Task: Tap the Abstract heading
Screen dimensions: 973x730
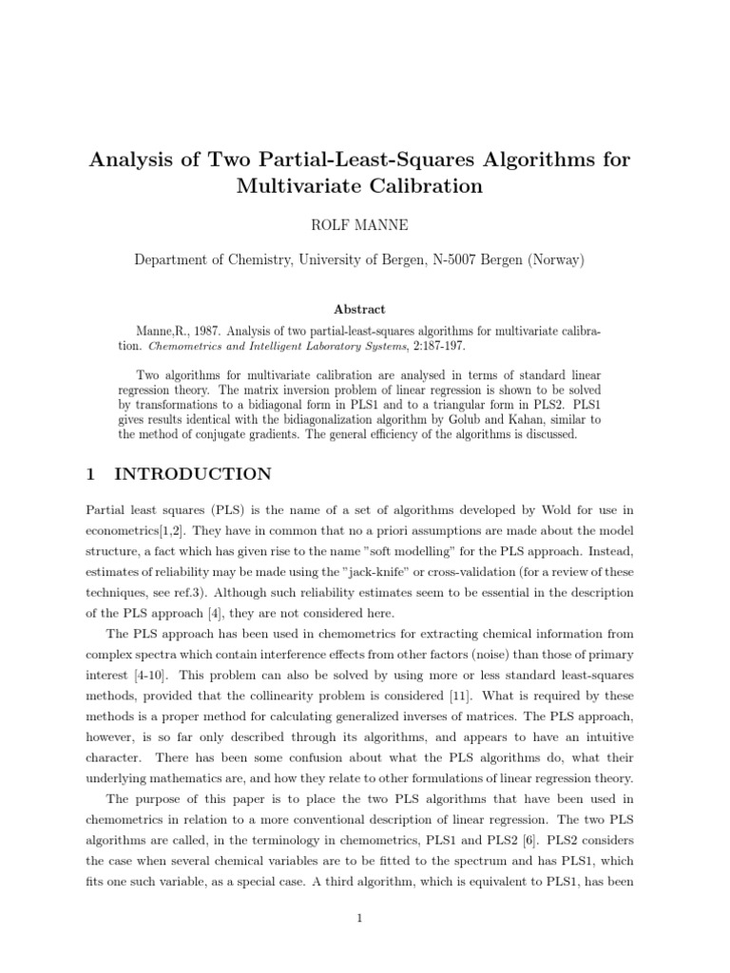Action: pos(365,309)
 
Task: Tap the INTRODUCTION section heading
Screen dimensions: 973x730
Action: pos(192,473)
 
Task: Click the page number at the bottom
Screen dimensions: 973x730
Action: pos(365,919)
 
